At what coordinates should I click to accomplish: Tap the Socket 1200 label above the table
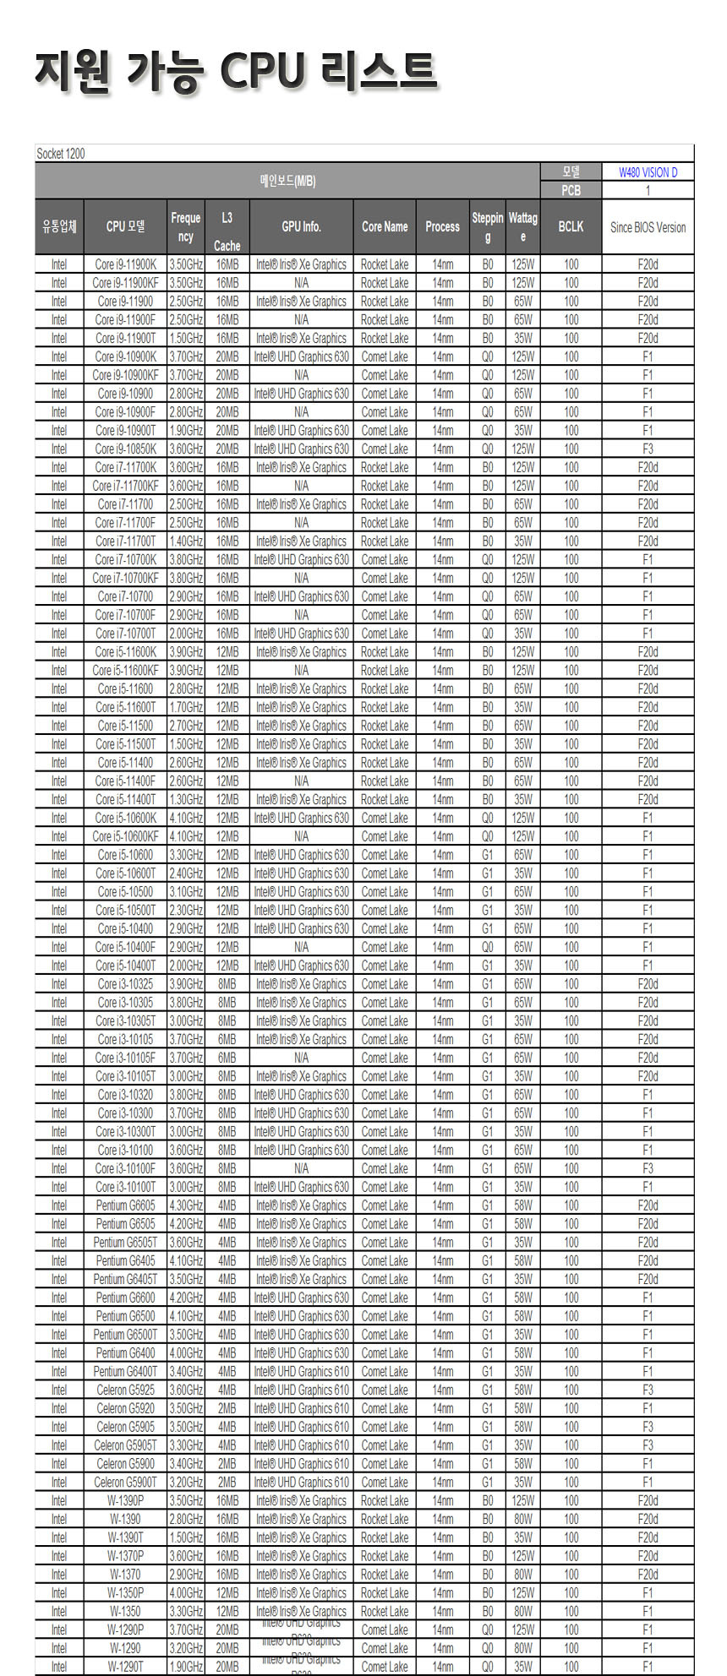61,154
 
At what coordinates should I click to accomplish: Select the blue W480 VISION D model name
648,172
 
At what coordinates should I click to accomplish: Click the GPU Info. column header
301,226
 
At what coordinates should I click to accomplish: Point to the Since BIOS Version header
648,227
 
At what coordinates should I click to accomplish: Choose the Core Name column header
385,226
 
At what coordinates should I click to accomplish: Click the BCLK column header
571,226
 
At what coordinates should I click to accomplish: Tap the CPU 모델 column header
125,226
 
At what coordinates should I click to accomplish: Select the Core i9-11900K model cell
125,264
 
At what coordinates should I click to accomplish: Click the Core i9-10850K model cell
125,449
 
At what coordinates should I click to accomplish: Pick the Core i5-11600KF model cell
125,670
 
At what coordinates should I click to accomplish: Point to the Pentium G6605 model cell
125,1205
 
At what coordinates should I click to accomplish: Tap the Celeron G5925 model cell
125,1390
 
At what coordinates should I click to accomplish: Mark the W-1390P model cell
125,1500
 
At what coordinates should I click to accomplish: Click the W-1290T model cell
125,1667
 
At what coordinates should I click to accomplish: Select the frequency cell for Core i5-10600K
185,818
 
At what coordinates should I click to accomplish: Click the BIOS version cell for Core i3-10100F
648,1168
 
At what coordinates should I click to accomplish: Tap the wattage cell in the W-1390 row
523,1519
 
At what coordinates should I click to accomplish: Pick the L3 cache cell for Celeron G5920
227,1408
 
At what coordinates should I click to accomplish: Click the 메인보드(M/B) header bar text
287,181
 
